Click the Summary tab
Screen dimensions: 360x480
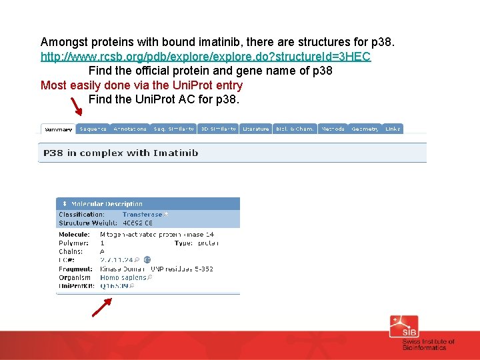[x=58, y=129]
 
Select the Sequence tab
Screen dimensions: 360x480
[x=93, y=129]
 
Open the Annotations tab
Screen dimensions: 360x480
[x=130, y=129]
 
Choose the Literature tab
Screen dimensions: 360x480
[x=255, y=129]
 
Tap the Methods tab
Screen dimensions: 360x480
[x=333, y=129]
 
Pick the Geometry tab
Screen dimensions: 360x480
[x=365, y=129]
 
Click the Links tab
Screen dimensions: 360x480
[x=393, y=129]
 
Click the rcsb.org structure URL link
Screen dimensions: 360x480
[x=205, y=57]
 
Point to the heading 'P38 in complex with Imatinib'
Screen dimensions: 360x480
[x=121, y=153]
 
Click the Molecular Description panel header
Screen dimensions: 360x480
[x=107, y=203]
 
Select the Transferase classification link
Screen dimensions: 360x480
[x=142, y=215]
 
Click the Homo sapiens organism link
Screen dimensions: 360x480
[x=123, y=277]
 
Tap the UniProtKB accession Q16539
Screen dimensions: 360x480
[x=114, y=285]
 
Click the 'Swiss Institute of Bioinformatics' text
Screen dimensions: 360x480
[x=428, y=344]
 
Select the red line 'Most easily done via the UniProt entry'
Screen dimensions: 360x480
[x=141, y=85]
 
